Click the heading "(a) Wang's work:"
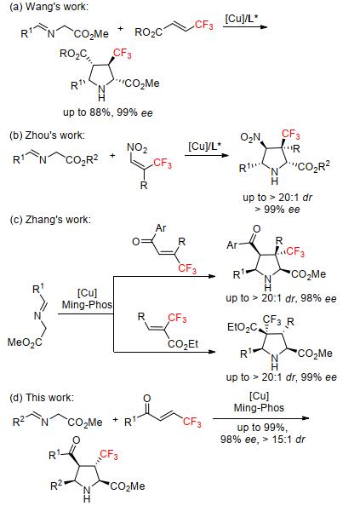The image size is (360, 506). click(x=49, y=7)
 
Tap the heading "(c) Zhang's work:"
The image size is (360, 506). click(x=50, y=220)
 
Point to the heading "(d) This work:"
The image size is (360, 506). click(x=42, y=397)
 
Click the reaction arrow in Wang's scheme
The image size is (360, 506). click(x=244, y=26)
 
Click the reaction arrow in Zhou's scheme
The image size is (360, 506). click(x=207, y=155)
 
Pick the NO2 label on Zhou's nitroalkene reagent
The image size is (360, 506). click(x=137, y=148)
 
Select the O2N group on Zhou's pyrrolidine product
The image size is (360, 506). click(x=250, y=137)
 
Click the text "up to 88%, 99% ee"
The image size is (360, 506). click(x=107, y=112)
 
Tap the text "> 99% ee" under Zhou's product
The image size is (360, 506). click(x=277, y=209)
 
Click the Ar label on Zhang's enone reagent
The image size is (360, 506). click(x=161, y=228)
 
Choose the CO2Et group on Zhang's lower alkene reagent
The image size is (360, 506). click(x=183, y=344)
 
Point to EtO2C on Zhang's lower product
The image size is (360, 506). click(x=243, y=327)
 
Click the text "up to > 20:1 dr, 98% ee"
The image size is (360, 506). click(x=281, y=298)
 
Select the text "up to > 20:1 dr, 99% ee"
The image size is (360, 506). click(x=281, y=377)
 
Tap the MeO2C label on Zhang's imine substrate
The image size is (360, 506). click(x=25, y=342)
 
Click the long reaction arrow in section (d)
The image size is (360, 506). click(x=260, y=418)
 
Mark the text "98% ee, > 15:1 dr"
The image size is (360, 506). click(x=263, y=439)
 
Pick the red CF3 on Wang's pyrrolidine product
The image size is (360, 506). click(x=123, y=54)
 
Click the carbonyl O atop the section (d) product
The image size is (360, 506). click(x=77, y=440)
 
